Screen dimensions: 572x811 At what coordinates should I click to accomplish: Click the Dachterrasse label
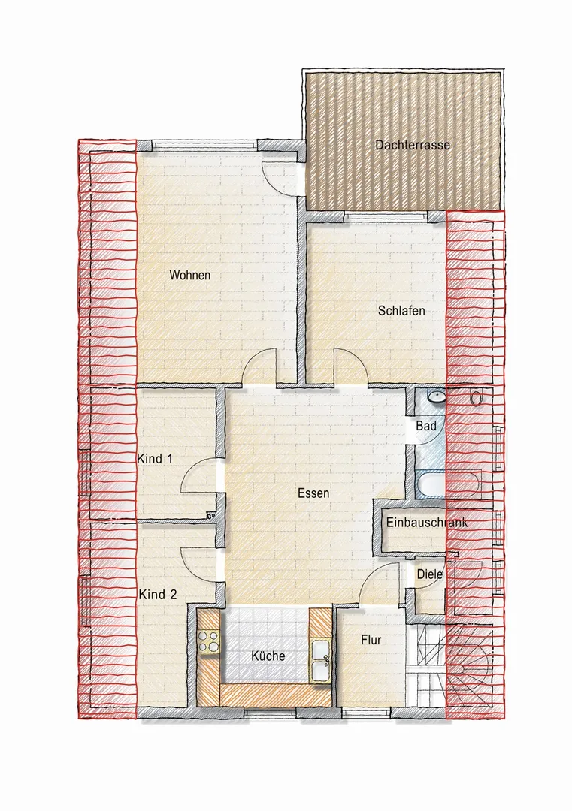[413, 145]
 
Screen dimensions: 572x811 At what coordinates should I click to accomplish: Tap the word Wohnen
[190, 275]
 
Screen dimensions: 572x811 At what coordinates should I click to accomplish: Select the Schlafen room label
[401, 311]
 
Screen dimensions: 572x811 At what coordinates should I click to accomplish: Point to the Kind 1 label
[155, 459]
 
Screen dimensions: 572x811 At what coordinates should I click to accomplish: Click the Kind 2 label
[158, 595]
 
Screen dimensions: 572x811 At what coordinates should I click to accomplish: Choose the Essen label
[313, 493]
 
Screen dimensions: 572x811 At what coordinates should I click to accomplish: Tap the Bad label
[426, 427]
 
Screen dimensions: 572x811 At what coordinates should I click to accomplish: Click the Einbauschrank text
[427, 523]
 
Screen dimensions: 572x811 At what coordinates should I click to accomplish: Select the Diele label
[430, 574]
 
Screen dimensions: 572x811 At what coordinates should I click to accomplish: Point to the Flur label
[371, 640]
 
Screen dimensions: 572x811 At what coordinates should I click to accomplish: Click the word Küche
[268, 656]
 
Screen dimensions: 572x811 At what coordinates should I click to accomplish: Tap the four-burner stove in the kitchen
[209, 641]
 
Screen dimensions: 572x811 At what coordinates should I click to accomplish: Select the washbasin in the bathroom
[437, 397]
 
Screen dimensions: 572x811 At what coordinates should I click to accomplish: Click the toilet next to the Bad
[476, 397]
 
